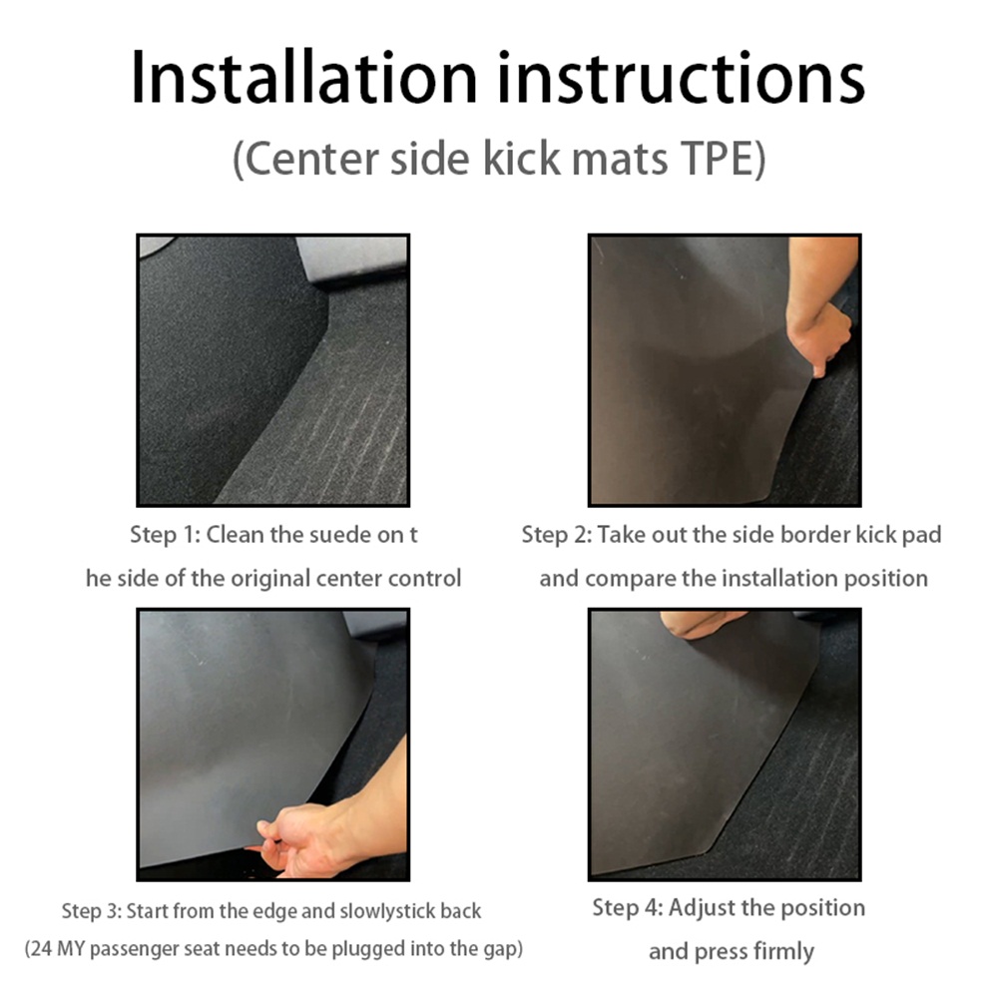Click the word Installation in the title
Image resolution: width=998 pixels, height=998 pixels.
[x=303, y=78]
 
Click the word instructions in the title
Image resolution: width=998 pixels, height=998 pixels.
[x=681, y=78]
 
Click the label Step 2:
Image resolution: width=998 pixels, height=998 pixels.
[x=557, y=535]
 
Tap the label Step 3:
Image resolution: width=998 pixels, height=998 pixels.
[x=92, y=911]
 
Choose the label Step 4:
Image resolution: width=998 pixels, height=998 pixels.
[x=628, y=907]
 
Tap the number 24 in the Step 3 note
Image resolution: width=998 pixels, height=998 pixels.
[x=42, y=949]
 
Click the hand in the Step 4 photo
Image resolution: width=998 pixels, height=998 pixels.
[x=704, y=624]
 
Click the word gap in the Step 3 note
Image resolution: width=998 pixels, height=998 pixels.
[x=500, y=950]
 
